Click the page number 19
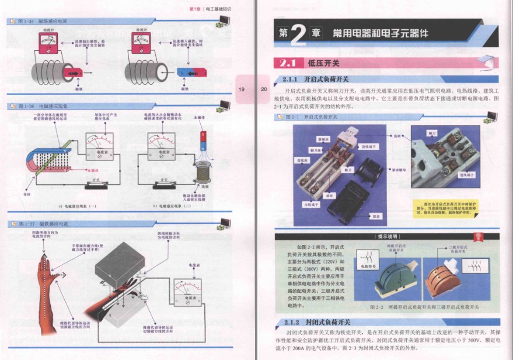pos(242,89)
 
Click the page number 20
pos(263,89)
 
